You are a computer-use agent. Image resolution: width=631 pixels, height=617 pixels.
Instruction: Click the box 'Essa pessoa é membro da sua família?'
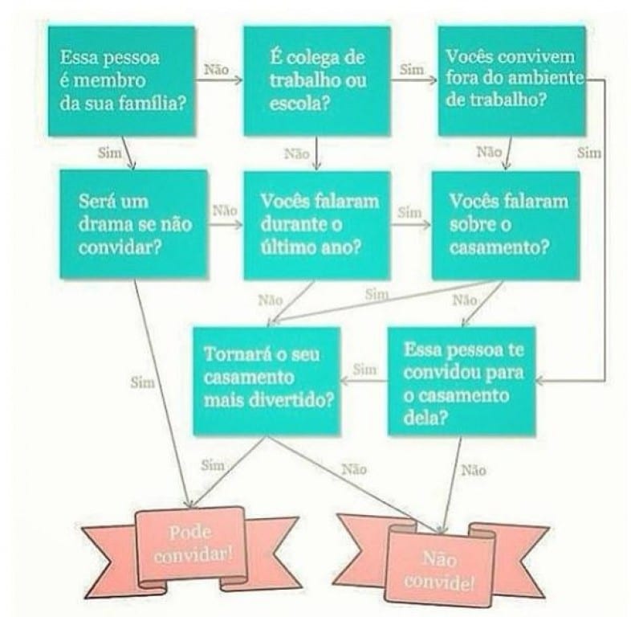pyautogui.click(x=121, y=81)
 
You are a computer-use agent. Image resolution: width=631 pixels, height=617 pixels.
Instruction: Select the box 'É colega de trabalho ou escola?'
pyautogui.click(x=317, y=81)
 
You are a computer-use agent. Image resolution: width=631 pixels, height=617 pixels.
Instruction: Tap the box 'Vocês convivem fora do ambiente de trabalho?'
pyautogui.click(x=511, y=81)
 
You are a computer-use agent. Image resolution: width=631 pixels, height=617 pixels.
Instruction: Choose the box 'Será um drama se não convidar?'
pyautogui.click(x=133, y=224)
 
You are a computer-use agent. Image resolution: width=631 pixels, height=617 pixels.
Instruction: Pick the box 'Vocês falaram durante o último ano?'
pyautogui.click(x=317, y=225)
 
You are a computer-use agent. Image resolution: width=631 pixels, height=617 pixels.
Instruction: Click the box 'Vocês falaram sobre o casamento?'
pyautogui.click(x=506, y=225)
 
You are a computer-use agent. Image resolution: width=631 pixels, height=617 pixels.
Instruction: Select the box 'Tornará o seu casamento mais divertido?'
pyautogui.click(x=267, y=381)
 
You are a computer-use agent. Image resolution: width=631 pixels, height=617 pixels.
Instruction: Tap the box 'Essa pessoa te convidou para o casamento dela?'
pyautogui.click(x=462, y=381)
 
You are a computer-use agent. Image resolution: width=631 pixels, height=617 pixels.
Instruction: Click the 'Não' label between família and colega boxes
pyautogui.click(x=217, y=70)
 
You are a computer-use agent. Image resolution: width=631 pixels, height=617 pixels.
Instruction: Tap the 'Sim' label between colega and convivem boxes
pyautogui.click(x=412, y=70)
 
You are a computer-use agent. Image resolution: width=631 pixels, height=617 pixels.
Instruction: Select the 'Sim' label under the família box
pyautogui.click(x=110, y=153)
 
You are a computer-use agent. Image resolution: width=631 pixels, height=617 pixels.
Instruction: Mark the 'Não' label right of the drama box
pyautogui.click(x=225, y=210)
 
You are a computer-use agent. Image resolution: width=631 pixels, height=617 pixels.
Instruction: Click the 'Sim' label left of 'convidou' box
pyautogui.click(x=365, y=370)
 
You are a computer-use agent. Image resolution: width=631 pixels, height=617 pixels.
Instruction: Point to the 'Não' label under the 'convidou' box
pyautogui.click(x=474, y=470)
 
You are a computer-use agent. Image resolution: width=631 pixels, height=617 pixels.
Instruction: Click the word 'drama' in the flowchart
pyautogui.click(x=106, y=224)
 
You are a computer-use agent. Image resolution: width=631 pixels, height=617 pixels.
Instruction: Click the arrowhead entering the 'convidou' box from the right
pyautogui.click(x=540, y=381)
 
